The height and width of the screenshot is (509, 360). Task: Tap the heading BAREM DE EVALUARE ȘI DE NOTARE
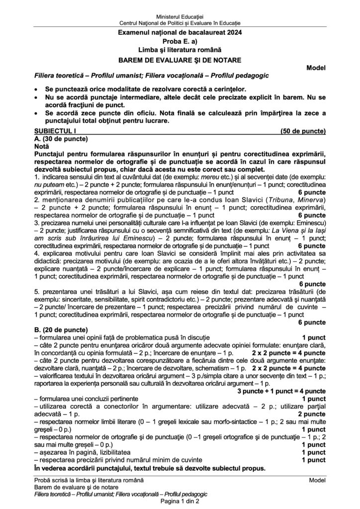(180, 59)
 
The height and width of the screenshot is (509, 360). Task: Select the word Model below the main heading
(316, 68)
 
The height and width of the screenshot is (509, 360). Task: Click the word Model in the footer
(317, 480)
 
